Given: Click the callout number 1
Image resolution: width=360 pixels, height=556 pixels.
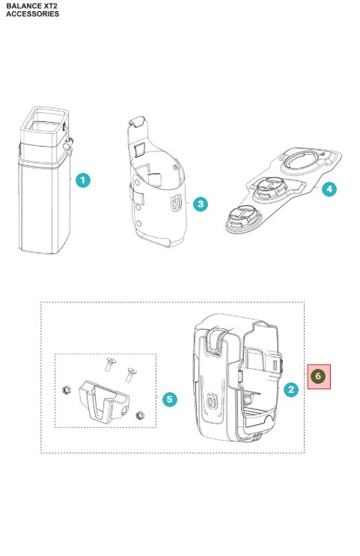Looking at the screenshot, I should coord(83,180).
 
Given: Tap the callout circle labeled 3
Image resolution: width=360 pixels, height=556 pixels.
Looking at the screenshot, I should coord(199,204).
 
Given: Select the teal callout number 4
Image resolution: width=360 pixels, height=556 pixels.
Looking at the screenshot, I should coord(328,189).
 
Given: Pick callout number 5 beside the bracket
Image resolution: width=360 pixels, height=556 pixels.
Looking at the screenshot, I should coord(170,399).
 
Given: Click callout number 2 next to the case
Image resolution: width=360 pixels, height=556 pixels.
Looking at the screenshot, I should coord(290,388).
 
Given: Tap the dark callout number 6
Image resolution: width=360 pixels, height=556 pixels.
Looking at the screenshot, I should coord(319,375).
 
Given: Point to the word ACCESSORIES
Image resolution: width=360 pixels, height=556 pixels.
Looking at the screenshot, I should coord(32,13).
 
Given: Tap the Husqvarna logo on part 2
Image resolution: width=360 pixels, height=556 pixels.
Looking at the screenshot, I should coord(216,401).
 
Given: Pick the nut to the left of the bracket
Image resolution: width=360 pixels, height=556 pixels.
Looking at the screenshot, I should coord(67,391).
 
